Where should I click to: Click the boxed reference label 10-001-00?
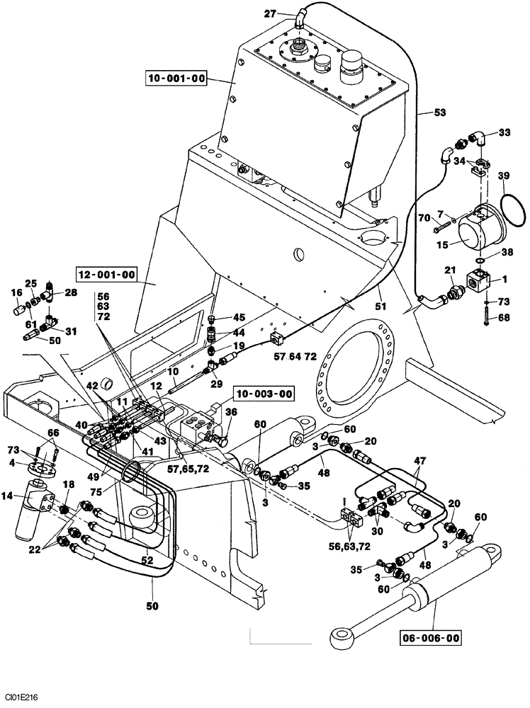176,78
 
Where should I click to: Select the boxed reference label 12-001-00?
106,274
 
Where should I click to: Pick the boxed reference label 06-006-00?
430,638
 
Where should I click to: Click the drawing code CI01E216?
21,697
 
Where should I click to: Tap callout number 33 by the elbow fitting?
504,132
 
